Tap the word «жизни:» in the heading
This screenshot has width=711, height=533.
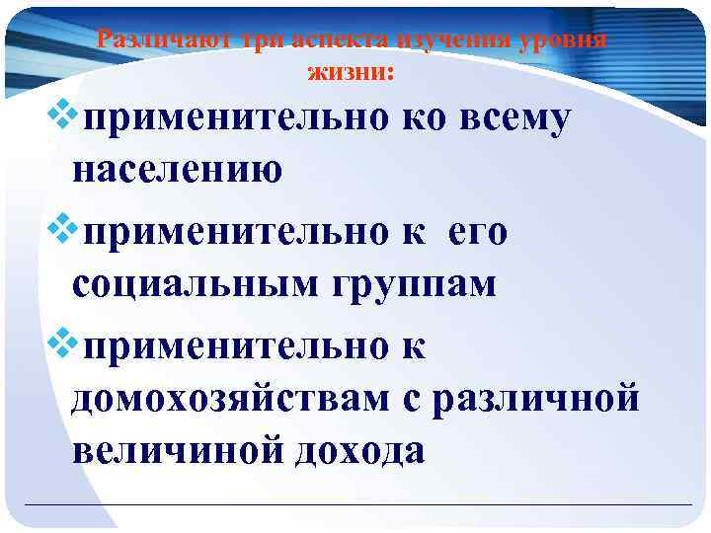[351, 71]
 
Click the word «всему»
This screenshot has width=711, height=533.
[512, 120]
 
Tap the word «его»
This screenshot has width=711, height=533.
[477, 233]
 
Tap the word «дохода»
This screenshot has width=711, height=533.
[361, 450]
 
